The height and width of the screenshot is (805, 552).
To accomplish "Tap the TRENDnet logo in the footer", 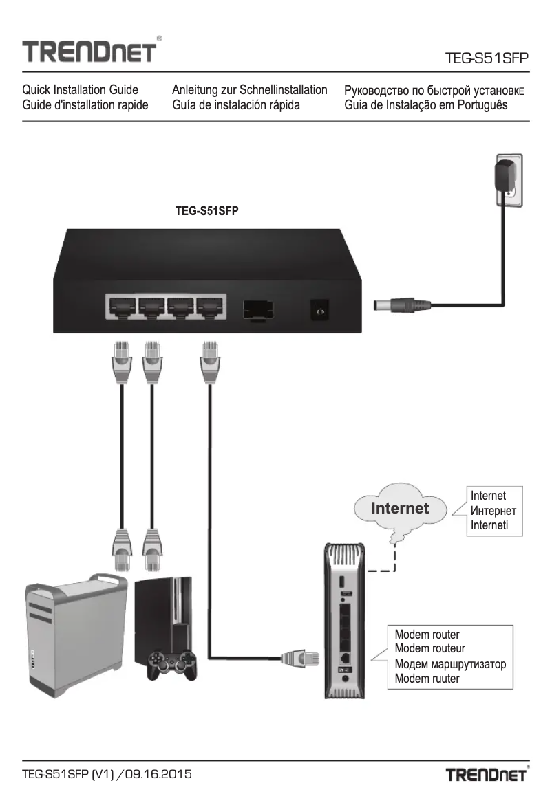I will coord(488,775).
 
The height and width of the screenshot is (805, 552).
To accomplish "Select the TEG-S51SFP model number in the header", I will coord(487,59).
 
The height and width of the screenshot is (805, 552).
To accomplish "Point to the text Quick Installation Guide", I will coord(80,90).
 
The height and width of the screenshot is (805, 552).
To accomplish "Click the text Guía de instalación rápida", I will coord(235,105).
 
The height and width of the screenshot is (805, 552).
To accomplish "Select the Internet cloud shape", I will coord(401,509).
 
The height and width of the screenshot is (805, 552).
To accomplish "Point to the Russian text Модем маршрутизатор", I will coord(450,664).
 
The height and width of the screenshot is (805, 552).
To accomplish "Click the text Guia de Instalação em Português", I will coord(426,105).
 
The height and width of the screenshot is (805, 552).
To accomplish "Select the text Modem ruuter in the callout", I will coord(427,679).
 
